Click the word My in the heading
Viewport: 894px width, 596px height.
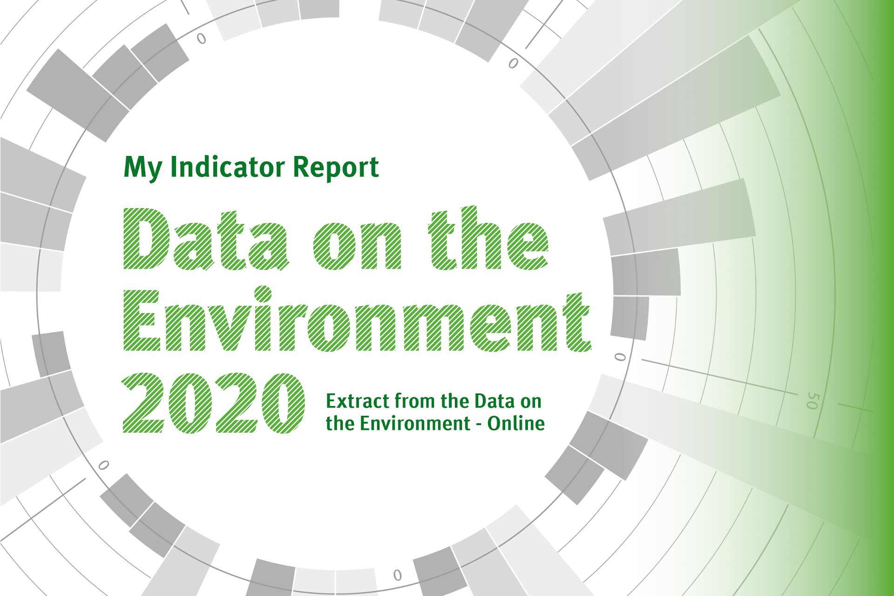[x=143, y=168]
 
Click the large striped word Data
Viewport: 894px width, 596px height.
[x=206, y=239]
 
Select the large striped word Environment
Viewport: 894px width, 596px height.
[x=357, y=319]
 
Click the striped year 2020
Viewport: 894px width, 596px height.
[x=214, y=403]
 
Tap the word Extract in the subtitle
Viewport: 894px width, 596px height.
[x=357, y=401]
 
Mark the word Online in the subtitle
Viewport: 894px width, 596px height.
[x=516, y=423]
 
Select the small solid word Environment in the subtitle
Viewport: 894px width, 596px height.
[x=415, y=423]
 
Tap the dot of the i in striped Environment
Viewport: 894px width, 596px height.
[x=263, y=294]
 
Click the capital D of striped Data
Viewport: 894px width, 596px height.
[x=146, y=239]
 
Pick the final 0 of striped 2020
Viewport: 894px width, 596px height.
[x=283, y=403]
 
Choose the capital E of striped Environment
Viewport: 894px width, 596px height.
[x=142, y=320]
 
